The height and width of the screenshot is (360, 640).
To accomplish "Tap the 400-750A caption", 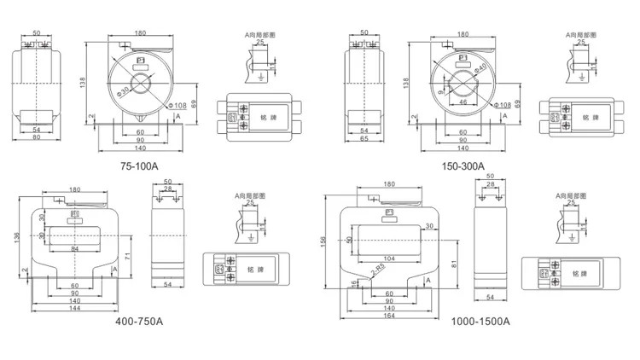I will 139,322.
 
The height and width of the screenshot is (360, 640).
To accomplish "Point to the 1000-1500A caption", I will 480,322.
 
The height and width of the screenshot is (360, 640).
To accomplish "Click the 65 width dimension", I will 364,139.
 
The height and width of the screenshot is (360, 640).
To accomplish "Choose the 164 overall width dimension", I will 389,317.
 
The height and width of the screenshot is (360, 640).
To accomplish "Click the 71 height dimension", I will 125,256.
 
